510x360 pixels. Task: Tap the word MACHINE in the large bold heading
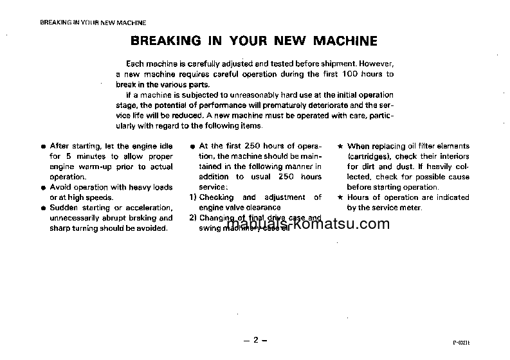coord(345,42)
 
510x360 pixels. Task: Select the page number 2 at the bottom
coord(255,339)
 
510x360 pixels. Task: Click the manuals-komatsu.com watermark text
coord(309,225)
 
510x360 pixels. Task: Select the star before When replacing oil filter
coord(340,146)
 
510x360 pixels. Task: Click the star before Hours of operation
coord(340,197)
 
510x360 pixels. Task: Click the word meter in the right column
coord(410,208)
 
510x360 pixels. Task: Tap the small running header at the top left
coord(93,22)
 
